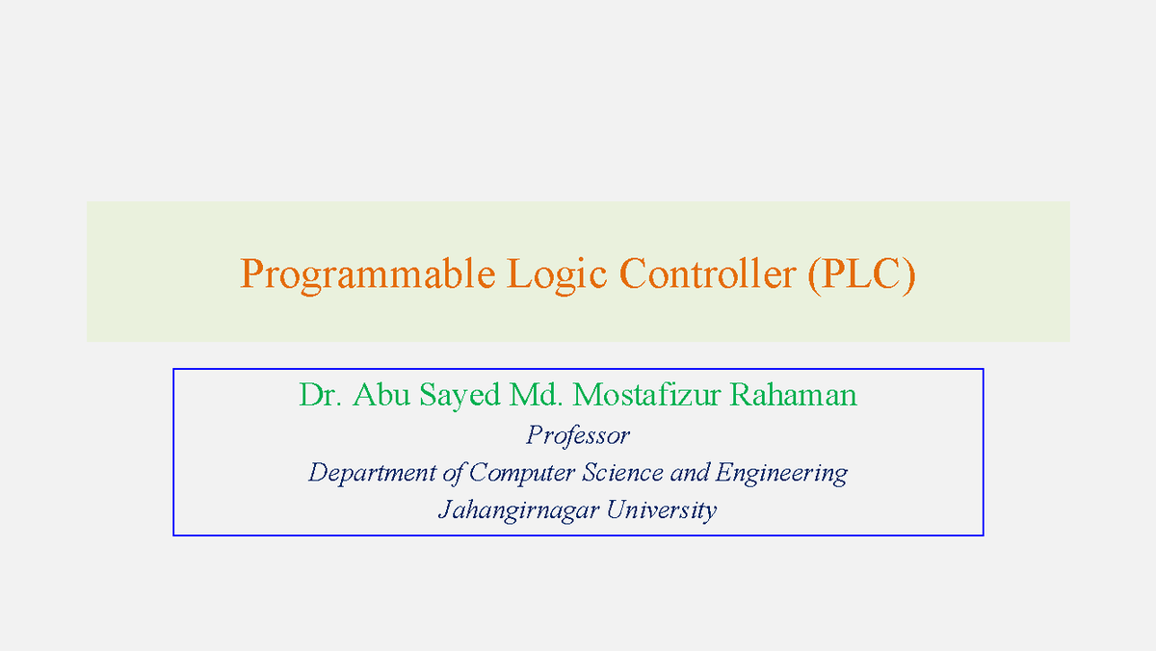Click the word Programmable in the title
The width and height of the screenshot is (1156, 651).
tap(368, 275)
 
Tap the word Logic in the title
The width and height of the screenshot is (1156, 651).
tap(557, 275)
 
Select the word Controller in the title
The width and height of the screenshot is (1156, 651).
tap(707, 273)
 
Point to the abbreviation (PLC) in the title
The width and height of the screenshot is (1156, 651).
tap(862, 275)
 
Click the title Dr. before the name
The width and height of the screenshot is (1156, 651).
tap(321, 395)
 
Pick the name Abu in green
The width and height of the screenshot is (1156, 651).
tap(381, 395)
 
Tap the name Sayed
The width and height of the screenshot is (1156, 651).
tap(460, 397)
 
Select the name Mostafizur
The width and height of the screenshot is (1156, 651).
tap(646, 395)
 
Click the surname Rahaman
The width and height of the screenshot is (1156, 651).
tap(794, 395)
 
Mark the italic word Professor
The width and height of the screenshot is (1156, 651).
tap(578, 437)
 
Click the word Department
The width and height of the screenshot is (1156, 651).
tap(372, 474)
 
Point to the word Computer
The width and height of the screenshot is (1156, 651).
tap(522, 474)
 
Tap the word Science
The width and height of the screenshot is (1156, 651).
tap(623, 473)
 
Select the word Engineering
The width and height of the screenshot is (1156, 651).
tap(781, 474)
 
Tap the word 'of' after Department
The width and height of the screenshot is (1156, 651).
tap(452, 474)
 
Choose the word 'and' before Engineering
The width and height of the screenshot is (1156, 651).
tap(690, 473)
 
